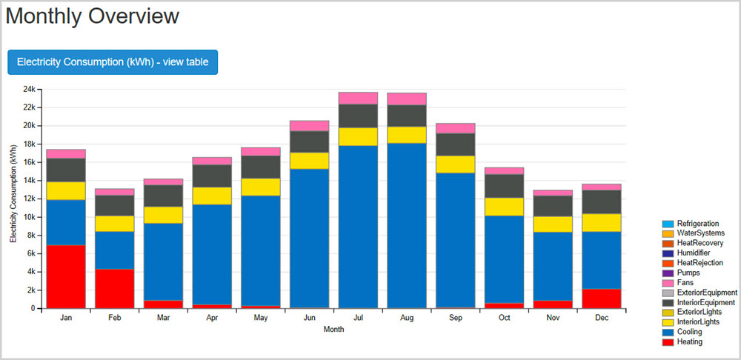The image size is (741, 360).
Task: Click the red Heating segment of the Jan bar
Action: click(65, 276)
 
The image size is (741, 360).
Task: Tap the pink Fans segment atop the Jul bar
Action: click(358, 98)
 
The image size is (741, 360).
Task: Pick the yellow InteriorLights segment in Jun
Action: click(309, 161)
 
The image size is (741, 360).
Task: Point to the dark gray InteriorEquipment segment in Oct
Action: click(504, 186)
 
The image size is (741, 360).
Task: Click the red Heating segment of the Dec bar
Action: click(601, 298)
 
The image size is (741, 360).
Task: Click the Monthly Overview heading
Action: click(93, 16)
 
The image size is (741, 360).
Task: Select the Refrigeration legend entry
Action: click(697, 224)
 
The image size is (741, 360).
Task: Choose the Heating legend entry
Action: click(689, 341)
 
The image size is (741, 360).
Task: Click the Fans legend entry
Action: click(685, 282)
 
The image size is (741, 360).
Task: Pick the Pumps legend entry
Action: click(688, 273)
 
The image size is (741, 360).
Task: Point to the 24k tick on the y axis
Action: click(30, 89)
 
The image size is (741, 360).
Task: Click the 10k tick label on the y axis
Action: click(30, 217)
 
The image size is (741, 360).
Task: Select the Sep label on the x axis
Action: click(455, 318)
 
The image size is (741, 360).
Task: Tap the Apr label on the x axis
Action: click(212, 318)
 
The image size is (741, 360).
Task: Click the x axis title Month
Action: click(333, 330)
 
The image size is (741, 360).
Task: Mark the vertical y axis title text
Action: click(13, 199)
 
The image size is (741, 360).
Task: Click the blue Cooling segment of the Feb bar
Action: click(114, 250)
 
